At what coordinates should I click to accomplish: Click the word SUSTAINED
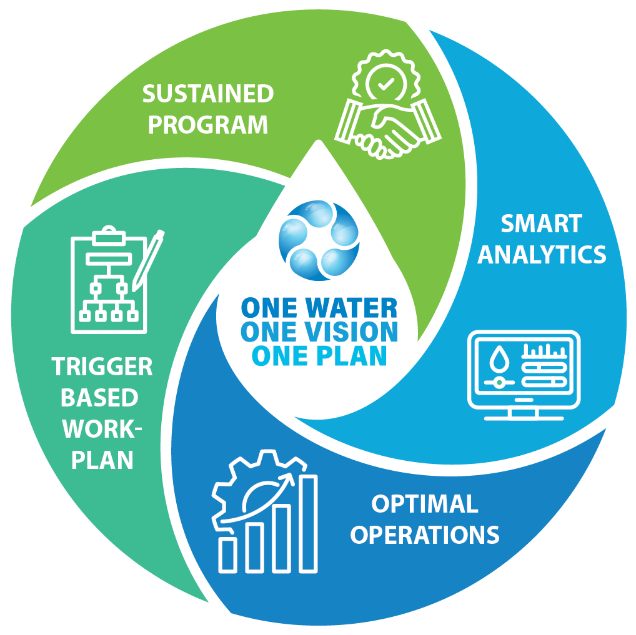coord(207,94)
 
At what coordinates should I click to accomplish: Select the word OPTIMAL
coord(425,504)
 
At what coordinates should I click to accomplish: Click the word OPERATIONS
coord(425,534)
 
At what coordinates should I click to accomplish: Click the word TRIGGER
coord(102,367)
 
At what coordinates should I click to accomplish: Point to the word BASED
coord(102,398)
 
